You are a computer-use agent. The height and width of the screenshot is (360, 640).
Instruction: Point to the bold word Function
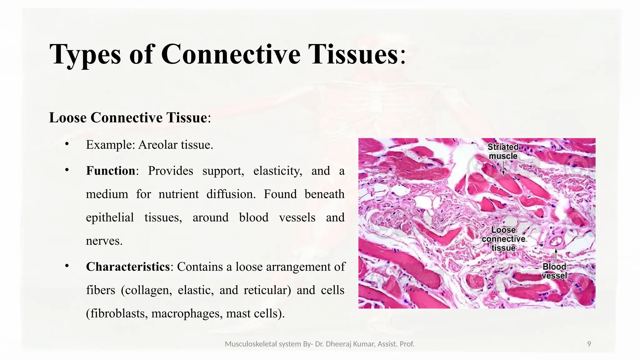coord(111,171)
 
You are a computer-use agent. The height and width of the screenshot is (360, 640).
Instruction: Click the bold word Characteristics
coord(128,267)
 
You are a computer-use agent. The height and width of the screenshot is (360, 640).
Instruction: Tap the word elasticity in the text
coord(277,171)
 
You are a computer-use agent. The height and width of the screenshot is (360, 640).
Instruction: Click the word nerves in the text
coord(104,241)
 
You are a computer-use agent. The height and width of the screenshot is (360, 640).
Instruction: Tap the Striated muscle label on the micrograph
coord(503,151)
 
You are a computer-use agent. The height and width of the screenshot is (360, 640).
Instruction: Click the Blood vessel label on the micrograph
coord(554,271)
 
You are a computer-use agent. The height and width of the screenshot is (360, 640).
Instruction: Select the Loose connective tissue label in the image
coord(503,239)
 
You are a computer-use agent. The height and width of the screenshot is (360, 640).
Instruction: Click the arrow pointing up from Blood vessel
coord(556,255)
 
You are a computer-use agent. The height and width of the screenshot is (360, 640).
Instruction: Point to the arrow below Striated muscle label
coord(503,169)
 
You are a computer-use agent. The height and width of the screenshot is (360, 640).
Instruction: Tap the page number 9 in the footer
coord(589,344)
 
